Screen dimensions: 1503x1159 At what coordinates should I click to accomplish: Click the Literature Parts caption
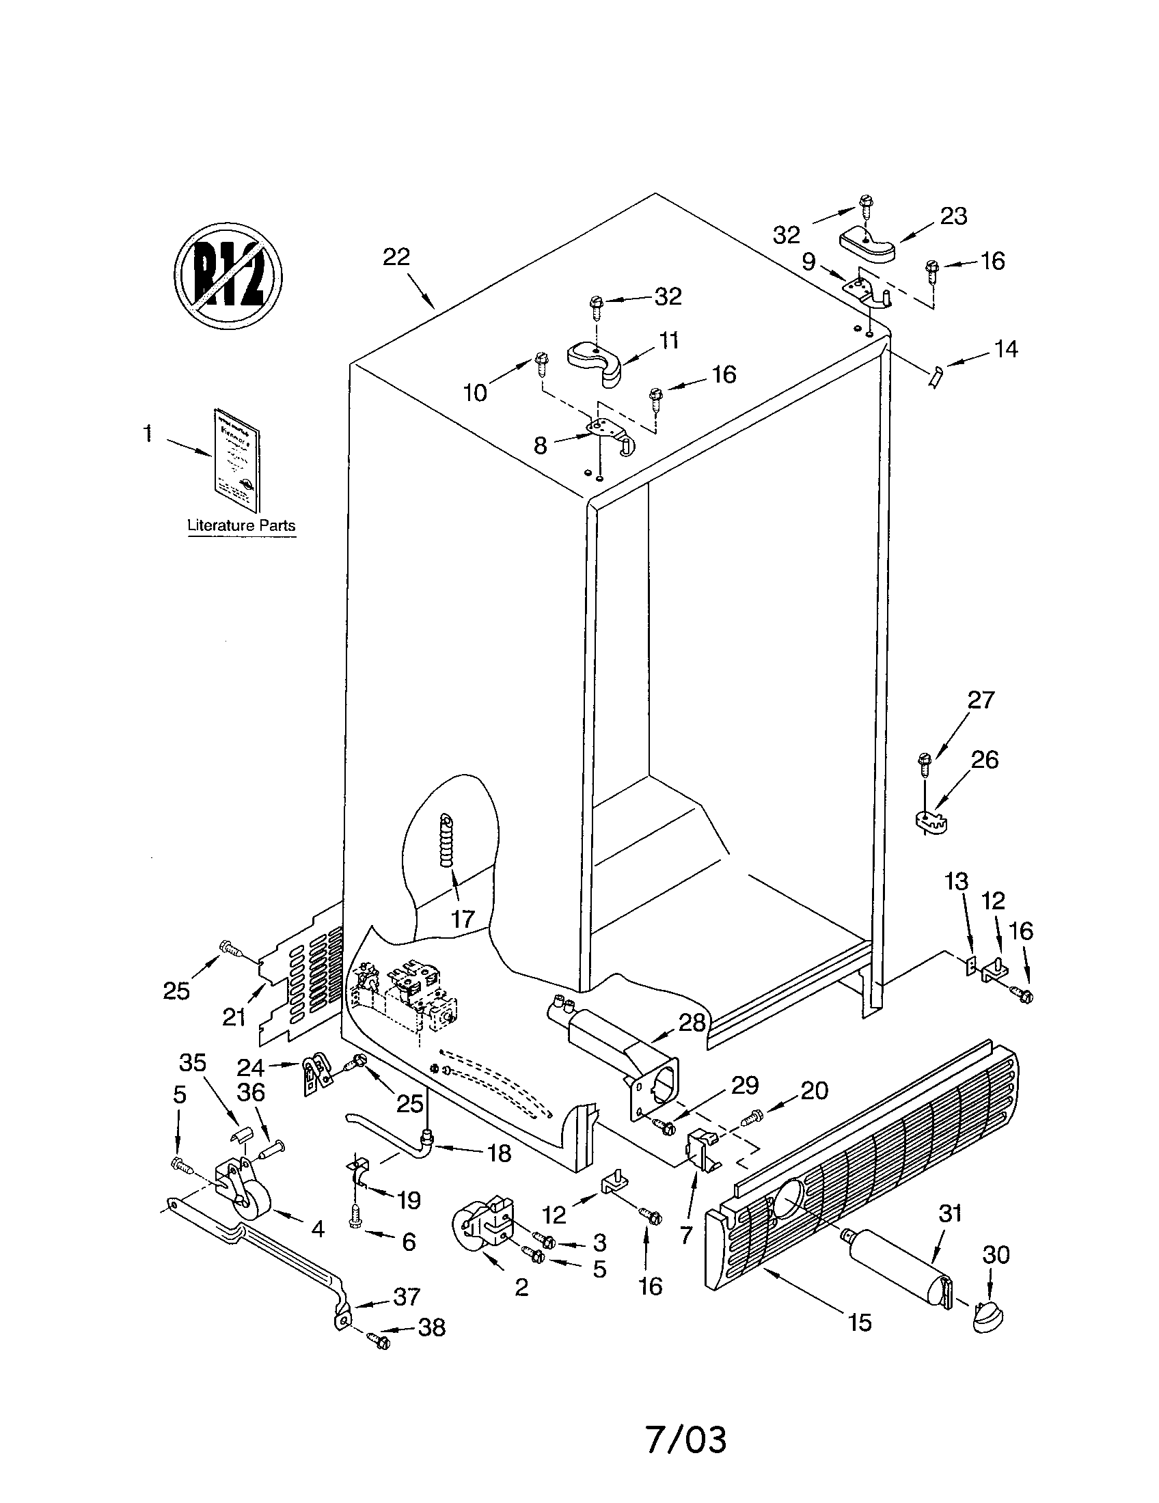pyautogui.click(x=242, y=525)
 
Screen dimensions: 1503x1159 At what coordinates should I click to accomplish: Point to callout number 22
pyautogui.click(x=396, y=258)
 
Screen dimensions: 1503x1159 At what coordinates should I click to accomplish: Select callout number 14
pyautogui.click(x=1005, y=349)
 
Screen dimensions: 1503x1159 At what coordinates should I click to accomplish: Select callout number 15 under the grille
pyautogui.click(x=860, y=1322)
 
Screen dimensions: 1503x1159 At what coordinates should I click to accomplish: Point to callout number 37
pyautogui.click(x=406, y=1297)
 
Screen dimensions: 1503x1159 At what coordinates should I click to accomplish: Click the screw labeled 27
pyautogui.click(x=925, y=762)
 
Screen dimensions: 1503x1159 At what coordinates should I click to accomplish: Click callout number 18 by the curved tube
pyautogui.click(x=499, y=1153)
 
